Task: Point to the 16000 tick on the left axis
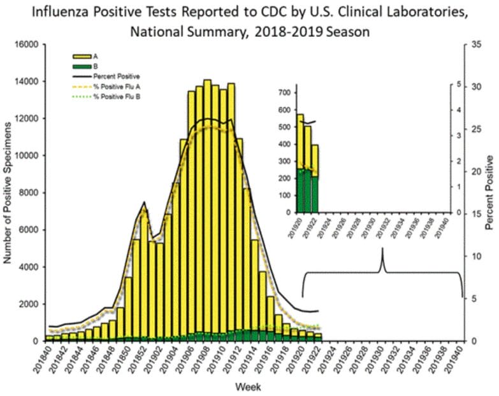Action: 27,45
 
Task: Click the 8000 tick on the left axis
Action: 30,192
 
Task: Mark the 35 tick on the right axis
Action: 470,45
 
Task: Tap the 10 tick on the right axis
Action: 470,256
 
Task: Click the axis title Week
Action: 247,386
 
